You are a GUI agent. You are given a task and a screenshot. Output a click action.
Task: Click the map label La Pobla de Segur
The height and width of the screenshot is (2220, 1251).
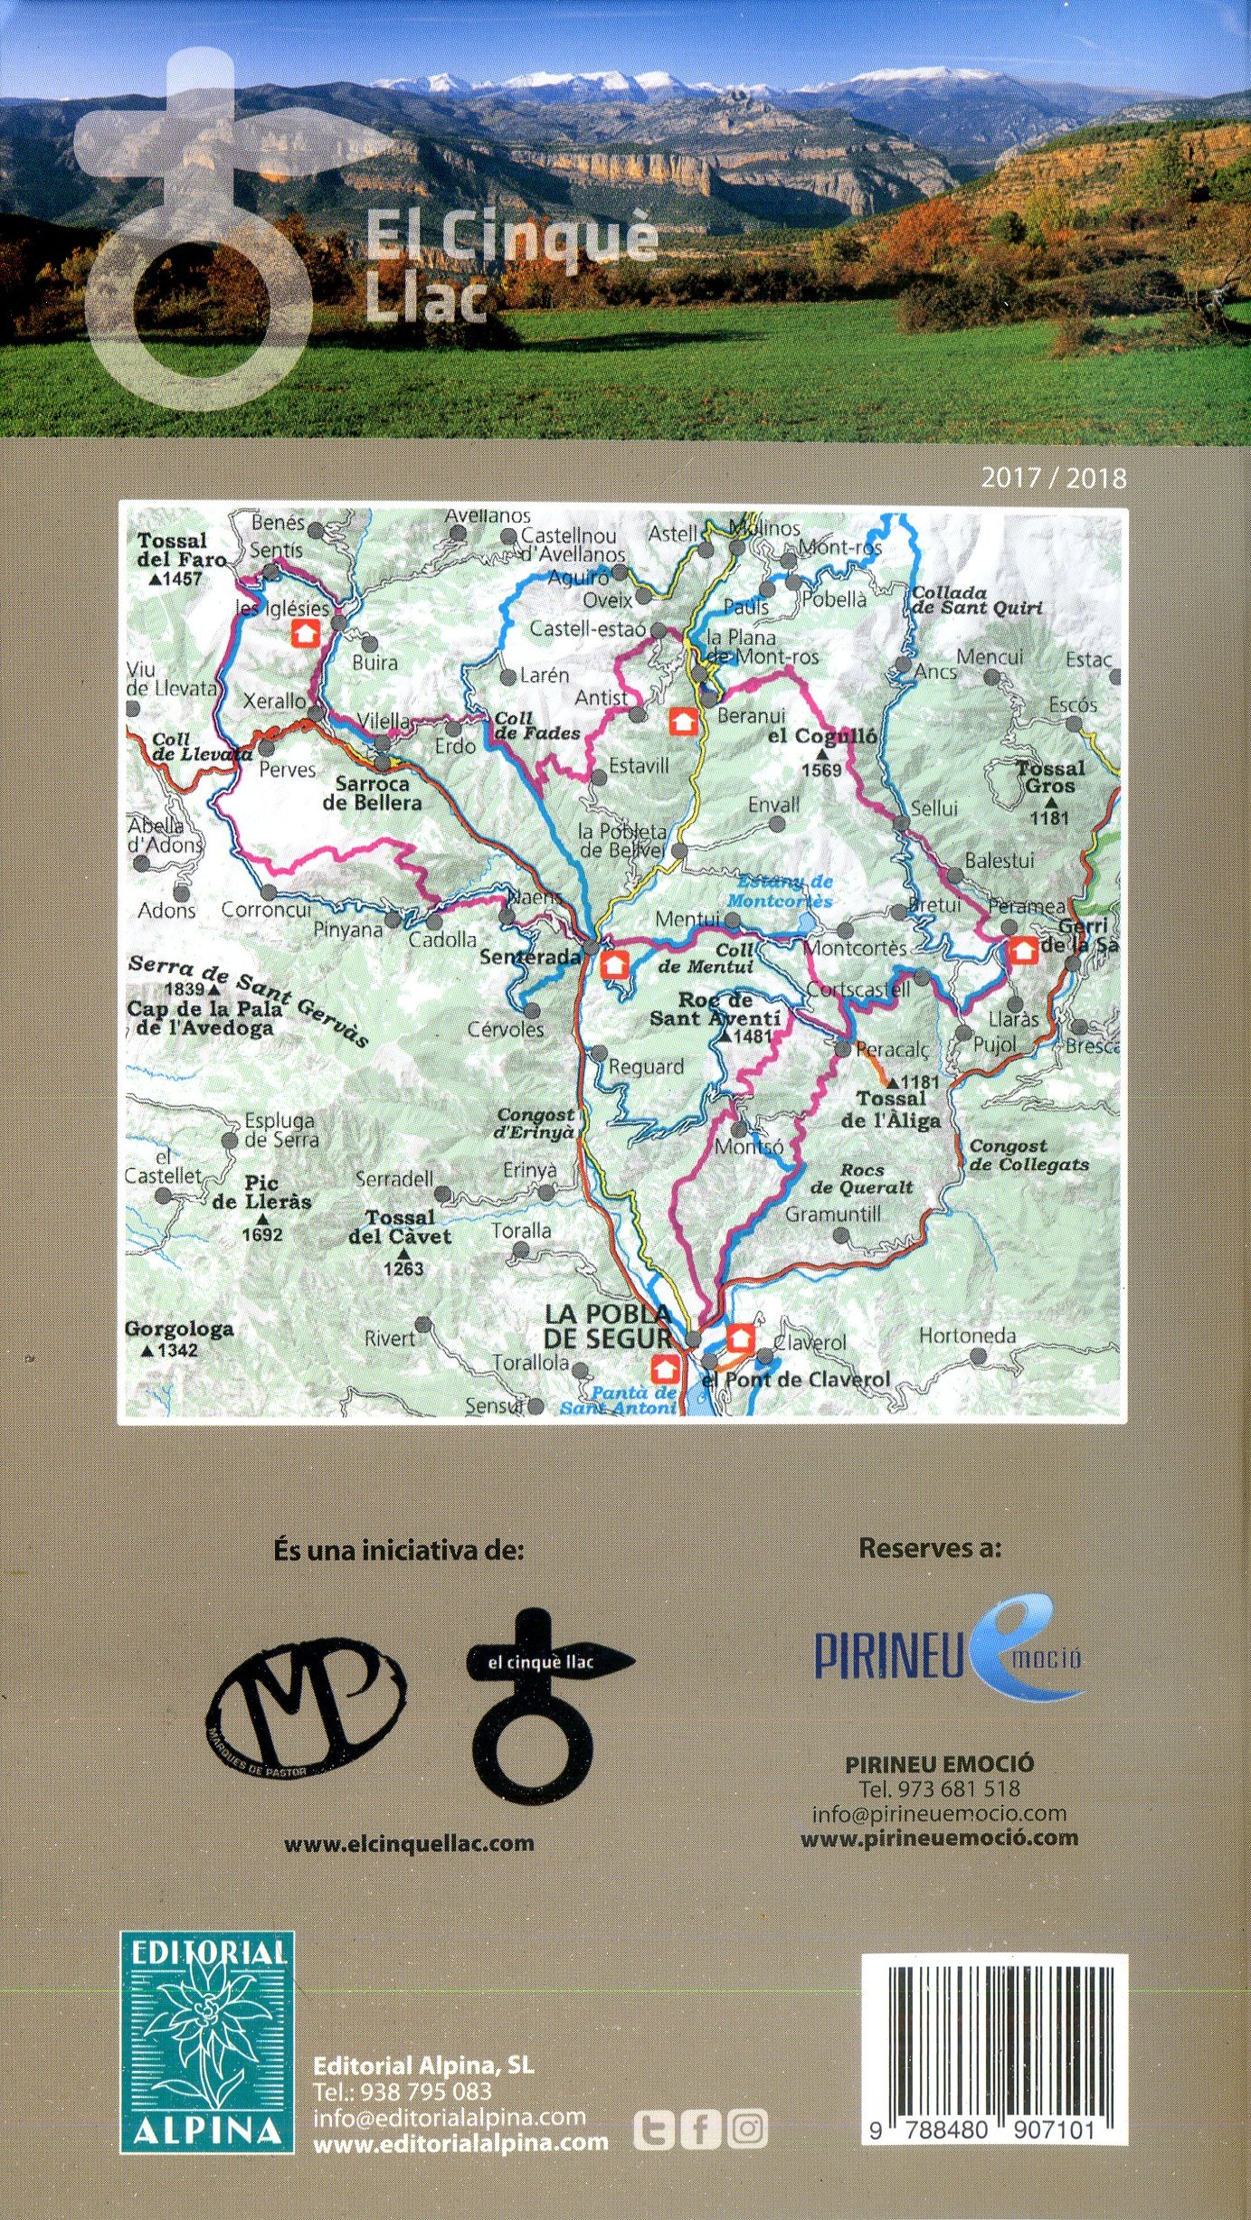608,1326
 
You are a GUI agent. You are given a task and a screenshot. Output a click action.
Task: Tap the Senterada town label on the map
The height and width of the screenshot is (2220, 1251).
529,956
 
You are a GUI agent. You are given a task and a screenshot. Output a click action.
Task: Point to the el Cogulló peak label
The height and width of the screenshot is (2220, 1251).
821,736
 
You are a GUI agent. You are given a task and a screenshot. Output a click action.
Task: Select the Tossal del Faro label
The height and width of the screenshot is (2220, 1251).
181,550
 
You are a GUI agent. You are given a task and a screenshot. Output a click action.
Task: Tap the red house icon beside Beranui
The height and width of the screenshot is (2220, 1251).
683,721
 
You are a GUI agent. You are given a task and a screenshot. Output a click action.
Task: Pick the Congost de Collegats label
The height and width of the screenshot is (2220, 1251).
1028,1155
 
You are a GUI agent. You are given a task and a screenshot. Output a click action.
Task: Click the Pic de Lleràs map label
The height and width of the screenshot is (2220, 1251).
261,1192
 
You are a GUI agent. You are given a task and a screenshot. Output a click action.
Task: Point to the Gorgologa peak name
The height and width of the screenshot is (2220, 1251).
179,1328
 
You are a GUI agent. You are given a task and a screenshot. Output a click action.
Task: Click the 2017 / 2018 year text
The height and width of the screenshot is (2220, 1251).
1054,478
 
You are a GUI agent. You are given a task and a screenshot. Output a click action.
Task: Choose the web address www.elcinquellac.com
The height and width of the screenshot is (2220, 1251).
409,1844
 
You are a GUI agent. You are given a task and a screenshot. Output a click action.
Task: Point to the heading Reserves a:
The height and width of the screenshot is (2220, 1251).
930,1548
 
